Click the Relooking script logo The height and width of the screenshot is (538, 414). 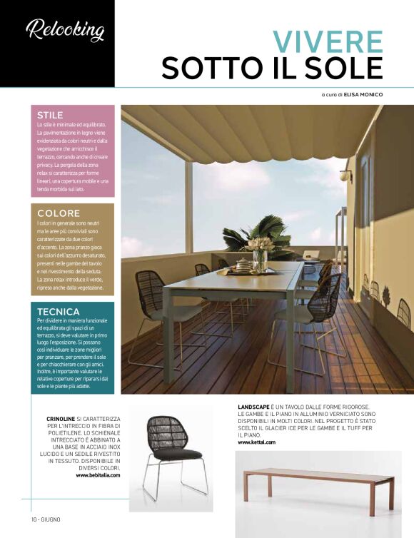click(65, 29)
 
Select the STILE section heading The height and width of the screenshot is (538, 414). click(50, 115)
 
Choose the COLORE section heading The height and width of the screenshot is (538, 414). click(58, 213)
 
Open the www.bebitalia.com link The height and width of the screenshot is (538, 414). click(98, 474)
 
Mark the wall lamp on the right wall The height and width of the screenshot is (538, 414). click(347, 174)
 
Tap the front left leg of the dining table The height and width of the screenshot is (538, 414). click(168, 342)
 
